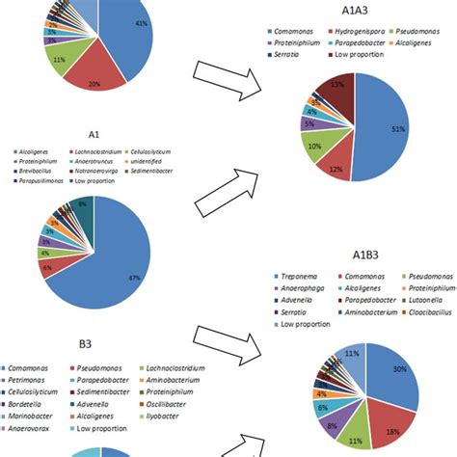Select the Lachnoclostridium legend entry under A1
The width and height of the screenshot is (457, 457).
click(105, 154)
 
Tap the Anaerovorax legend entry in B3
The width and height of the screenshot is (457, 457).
click(33, 430)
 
